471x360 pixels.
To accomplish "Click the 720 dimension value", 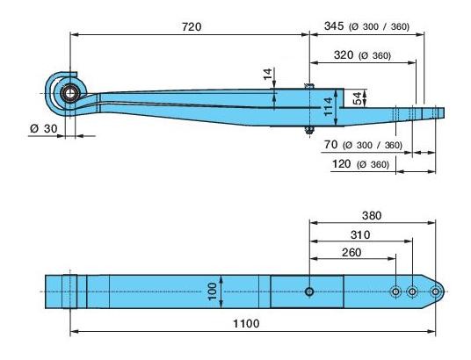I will point(191,26).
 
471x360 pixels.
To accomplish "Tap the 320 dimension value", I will point(345,55).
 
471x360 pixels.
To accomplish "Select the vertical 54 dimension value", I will point(355,98).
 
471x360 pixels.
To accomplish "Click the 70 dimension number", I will point(331,145).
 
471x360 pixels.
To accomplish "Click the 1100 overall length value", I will point(246,324).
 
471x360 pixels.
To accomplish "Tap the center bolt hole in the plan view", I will point(309,292).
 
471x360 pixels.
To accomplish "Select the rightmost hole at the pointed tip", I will point(435,292).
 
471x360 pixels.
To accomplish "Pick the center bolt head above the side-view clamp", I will point(309,84).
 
